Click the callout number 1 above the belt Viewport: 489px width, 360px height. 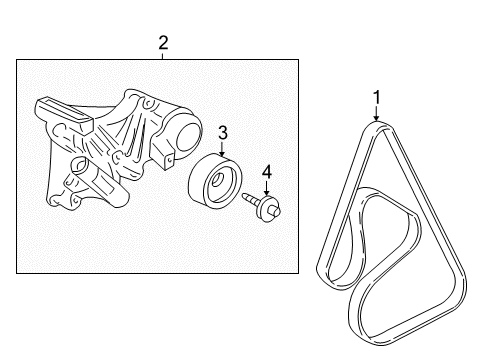(376, 97)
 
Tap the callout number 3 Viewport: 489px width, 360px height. (223, 131)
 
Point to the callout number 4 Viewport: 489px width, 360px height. (268, 171)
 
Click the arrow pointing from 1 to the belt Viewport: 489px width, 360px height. (376, 113)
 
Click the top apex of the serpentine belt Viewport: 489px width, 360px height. (377, 125)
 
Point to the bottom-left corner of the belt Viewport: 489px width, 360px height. (322, 273)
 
